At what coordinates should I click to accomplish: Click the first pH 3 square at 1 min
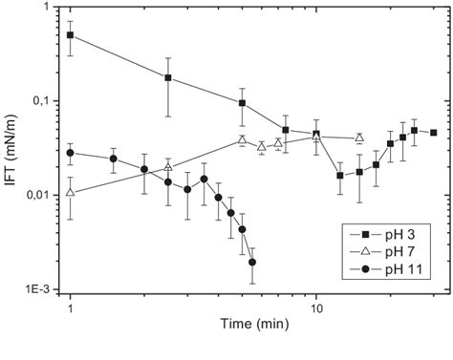(70, 35)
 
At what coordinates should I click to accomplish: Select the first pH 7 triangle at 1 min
(70, 193)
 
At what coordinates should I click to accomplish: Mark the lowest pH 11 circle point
(252, 262)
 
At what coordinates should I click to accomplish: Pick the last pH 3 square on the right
(434, 133)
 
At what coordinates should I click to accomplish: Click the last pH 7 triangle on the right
(359, 138)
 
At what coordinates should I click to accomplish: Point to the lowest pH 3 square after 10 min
(340, 176)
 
